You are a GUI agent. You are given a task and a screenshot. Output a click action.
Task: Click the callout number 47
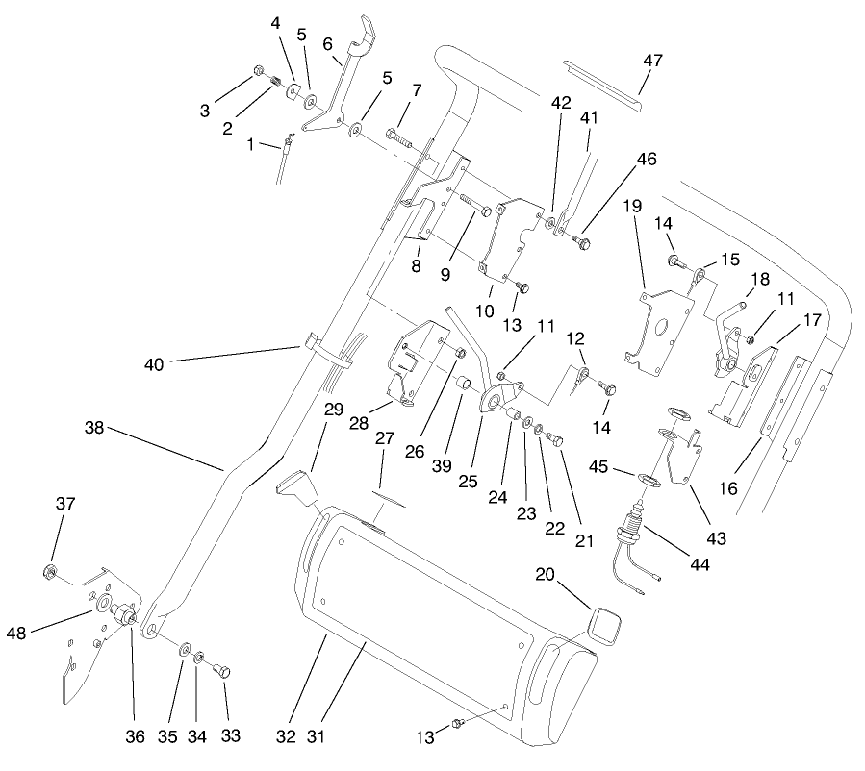click(x=653, y=60)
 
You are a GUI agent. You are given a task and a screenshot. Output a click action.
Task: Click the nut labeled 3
click(x=259, y=70)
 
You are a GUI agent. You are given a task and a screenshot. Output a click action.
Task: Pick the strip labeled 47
click(x=603, y=81)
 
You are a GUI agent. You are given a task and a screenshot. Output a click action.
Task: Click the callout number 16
click(x=727, y=488)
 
